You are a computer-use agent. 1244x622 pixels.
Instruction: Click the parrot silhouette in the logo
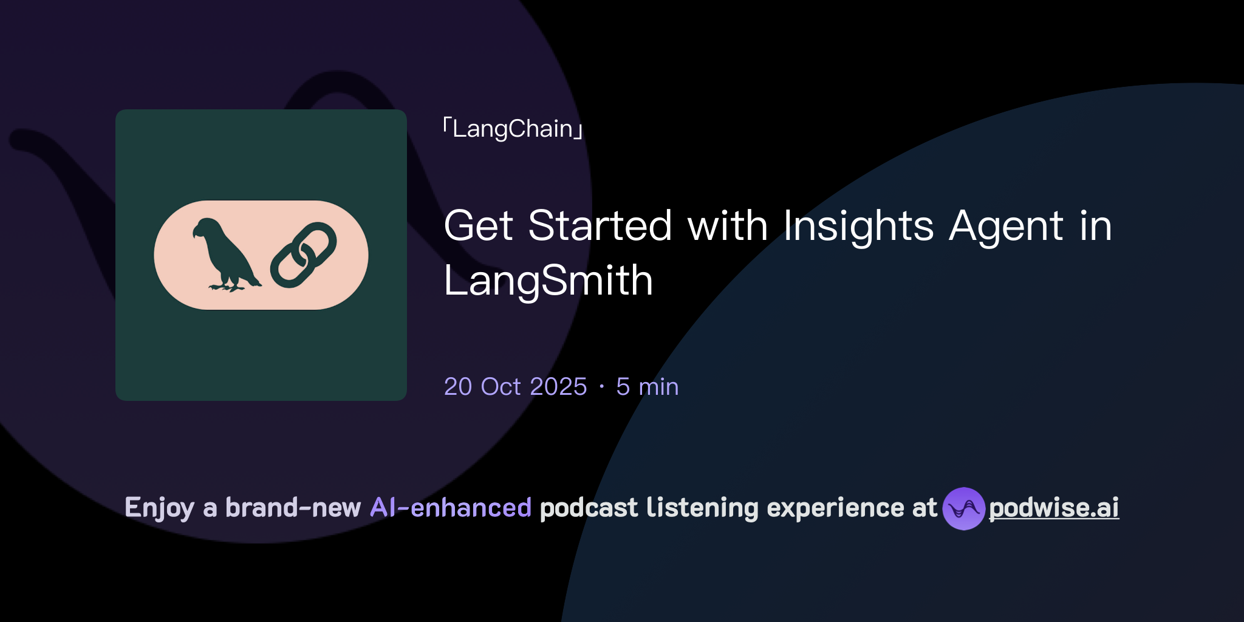225,255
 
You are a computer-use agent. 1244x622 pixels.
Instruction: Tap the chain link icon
303,255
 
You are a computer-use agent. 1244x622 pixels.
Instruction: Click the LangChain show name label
513,129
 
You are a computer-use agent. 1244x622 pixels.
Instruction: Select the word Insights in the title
858,226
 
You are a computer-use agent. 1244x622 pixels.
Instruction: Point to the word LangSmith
548,281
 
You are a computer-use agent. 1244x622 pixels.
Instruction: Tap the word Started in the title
600,226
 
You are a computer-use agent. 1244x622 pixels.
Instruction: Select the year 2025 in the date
559,387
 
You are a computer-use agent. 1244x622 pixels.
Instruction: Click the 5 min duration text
647,387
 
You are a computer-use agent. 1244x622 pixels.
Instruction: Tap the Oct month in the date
501,387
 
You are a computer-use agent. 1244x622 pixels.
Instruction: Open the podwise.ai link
1054,508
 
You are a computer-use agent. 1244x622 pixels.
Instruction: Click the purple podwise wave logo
963,508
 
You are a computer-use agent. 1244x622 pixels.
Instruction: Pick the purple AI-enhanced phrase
451,508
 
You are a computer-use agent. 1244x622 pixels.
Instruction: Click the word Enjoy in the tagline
159,508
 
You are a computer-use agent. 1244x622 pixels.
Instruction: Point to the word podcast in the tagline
589,508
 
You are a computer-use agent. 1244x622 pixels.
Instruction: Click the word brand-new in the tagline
293,508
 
